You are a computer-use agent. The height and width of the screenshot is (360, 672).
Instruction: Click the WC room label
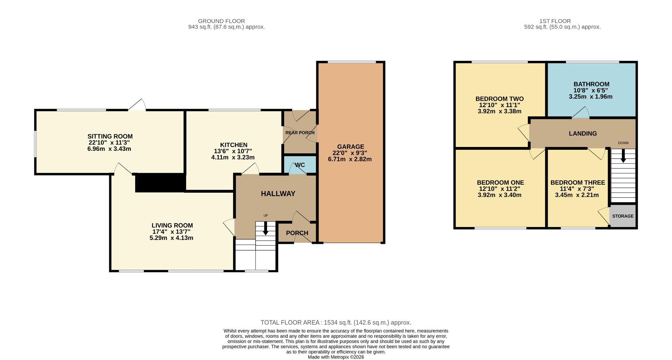pos(300,165)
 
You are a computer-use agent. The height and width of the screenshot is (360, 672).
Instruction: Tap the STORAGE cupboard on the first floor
pos(623,216)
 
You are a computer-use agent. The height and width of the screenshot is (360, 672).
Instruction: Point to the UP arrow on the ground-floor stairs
pos(265,229)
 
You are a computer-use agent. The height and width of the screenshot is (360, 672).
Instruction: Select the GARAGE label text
pos(350,147)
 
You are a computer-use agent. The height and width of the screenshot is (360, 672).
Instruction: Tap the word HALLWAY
pos(278,193)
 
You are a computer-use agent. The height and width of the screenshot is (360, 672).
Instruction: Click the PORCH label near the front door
pos(297,233)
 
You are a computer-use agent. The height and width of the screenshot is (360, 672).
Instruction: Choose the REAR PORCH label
pos(300,133)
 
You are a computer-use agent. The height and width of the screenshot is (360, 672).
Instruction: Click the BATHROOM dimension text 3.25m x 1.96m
pos(590,97)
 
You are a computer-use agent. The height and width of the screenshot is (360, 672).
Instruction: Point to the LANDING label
pos(583,133)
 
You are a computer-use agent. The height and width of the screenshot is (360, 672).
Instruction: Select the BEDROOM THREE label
pos(577,183)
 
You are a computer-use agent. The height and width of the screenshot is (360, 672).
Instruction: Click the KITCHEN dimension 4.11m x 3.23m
pos(233,157)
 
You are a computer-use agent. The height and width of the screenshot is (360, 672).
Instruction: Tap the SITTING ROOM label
pos(110,136)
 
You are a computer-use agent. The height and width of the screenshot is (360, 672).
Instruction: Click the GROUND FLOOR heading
pos(221,21)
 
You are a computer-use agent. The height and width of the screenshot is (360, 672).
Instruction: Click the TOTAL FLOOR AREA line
pos(336,323)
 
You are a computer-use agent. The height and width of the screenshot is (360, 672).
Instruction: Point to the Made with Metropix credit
pos(336,357)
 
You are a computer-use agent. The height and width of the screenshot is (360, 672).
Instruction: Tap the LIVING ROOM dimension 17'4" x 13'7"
pos(171,232)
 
